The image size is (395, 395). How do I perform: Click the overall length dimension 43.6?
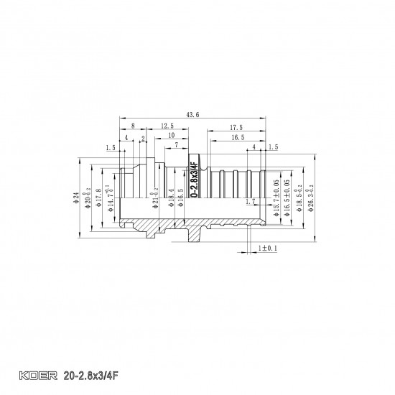tap(192, 114)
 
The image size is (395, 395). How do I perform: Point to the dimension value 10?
tap(170, 136)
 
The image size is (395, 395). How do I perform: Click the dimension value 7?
tap(176, 145)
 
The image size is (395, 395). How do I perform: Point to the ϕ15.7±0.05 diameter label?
tap(276, 200)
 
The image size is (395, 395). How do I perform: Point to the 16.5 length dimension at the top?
tap(238, 136)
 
